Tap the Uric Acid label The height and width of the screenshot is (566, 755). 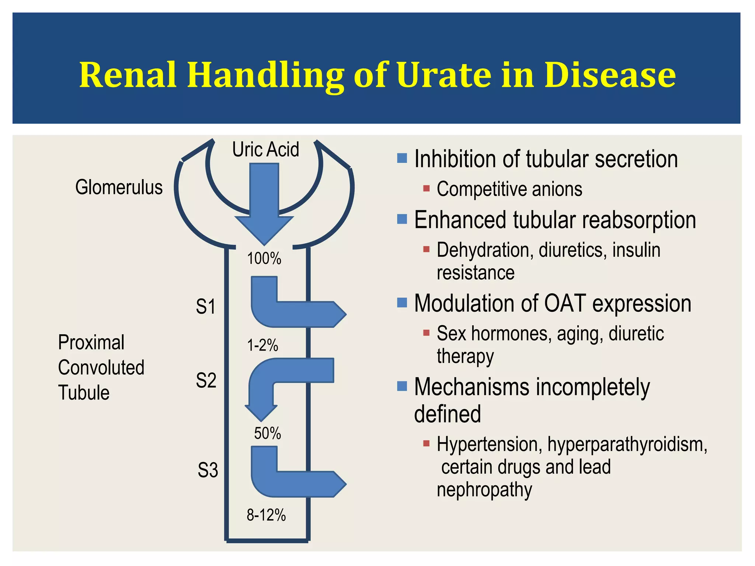click(x=265, y=150)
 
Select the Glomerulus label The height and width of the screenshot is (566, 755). click(x=119, y=187)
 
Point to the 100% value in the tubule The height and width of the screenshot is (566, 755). click(x=264, y=259)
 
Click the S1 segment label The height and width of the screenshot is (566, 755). click(x=206, y=307)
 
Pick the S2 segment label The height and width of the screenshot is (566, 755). click(x=206, y=380)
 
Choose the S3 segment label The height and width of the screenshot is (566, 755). click(x=208, y=470)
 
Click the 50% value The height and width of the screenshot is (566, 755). click(x=267, y=433)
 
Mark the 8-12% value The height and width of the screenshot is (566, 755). click(x=266, y=515)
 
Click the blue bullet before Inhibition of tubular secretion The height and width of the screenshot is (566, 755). click(x=402, y=158)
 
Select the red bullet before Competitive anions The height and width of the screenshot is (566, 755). click(x=427, y=189)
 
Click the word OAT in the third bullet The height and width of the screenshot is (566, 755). click(x=564, y=304)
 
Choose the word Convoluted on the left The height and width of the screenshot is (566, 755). click(x=101, y=368)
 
